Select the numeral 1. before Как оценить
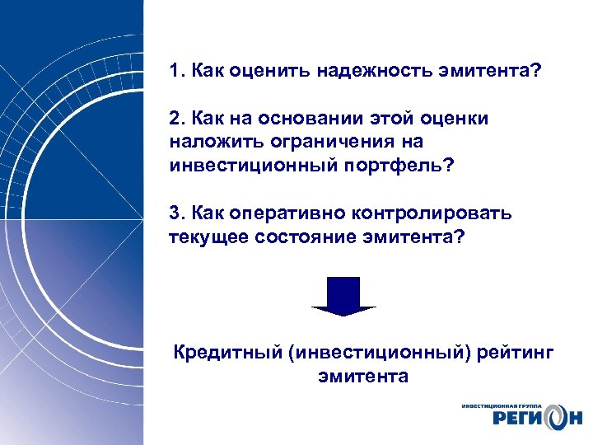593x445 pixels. pyautogui.click(x=177, y=71)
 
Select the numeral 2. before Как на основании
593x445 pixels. pyautogui.click(x=177, y=119)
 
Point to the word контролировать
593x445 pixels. pyautogui.click(x=432, y=213)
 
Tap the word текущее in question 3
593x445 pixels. pyautogui.click(x=203, y=237)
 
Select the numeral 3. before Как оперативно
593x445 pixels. pyautogui.click(x=177, y=213)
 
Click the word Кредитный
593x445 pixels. pyautogui.click(x=225, y=354)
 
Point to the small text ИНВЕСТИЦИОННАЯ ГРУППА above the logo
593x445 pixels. pyautogui.click(x=502, y=405)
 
